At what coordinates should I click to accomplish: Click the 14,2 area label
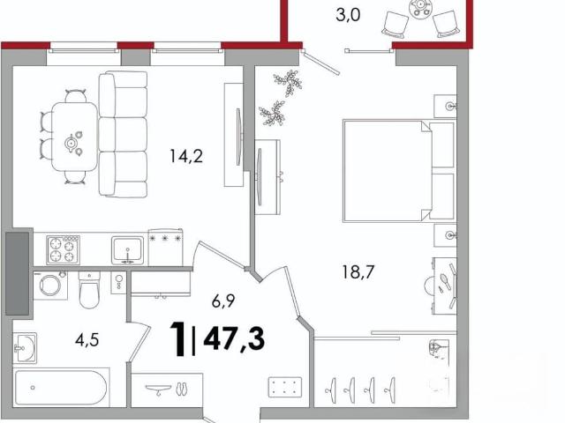(x=186, y=156)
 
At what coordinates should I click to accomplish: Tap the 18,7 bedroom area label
(x=358, y=272)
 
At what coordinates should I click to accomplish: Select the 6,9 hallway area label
(x=223, y=301)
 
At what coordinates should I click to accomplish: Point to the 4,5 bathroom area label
(x=87, y=339)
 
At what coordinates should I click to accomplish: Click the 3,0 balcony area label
(x=348, y=16)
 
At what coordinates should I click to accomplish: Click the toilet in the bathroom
(x=89, y=290)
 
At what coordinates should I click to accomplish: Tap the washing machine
(x=50, y=286)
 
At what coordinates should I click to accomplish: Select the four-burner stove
(x=63, y=250)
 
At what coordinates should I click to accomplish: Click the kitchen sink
(x=127, y=250)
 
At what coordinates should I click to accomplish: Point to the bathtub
(x=62, y=388)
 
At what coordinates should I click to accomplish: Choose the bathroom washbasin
(x=25, y=348)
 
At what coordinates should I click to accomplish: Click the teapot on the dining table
(x=72, y=144)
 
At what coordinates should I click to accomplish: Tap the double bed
(x=399, y=171)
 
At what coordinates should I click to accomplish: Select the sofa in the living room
(x=124, y=135)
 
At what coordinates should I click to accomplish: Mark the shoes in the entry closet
(x=180, y=389)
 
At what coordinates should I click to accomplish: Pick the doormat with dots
(x=285, y=387)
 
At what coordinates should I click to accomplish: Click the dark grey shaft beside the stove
(x=18, y=273)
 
